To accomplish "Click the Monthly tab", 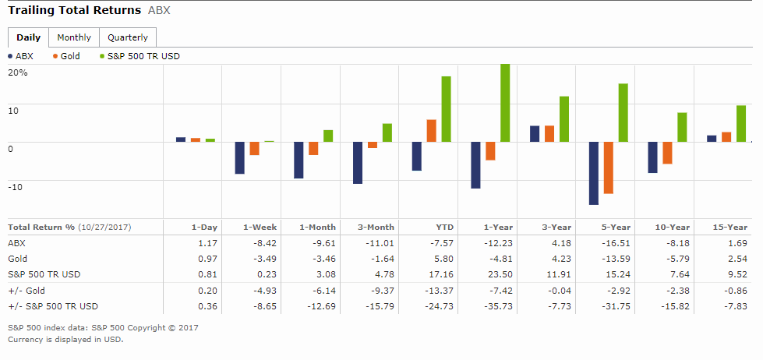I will pyautogui.click(x=74, y=37).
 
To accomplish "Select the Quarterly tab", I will pyautogui.click(x=128, y=37).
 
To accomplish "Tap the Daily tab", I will pyautogui.click(x=28, y=37).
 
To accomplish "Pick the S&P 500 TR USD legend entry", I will pyautogui.click(x=138, y=56).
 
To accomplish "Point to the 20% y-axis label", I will pyautogui.click(x=18, y=72).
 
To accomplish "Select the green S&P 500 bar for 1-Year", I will pyautogui.click(x=505, y=103).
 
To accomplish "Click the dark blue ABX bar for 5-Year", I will pyautogui.click(x=594, y=173).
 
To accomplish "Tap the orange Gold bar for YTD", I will pyautogui.click(x=431, y=131).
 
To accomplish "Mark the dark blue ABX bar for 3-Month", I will pyautogui.click(x=358, y=163).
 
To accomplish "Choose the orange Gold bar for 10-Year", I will pyautogui.click(x=667, y=153).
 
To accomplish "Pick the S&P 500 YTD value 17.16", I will pyautogui.click(x=441, y=274).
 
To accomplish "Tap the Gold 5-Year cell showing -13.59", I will pyautogui.click(x=617, y=259).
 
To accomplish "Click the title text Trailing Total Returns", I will pyautogui.click(x=75, y=10).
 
